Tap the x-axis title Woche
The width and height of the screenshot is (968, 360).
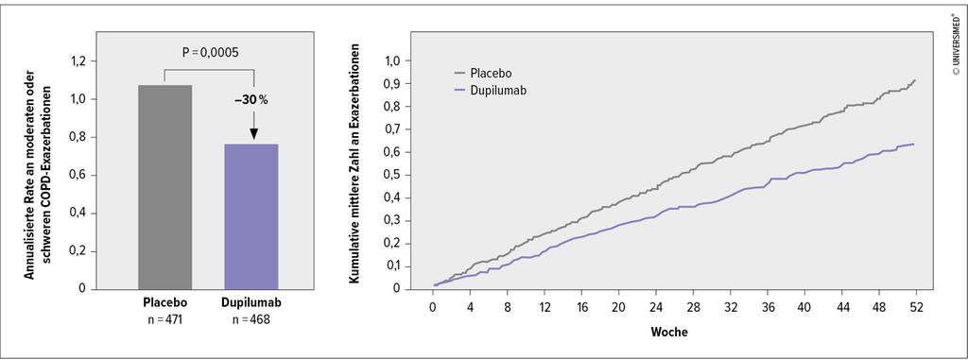668,334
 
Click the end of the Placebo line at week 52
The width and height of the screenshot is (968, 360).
913,80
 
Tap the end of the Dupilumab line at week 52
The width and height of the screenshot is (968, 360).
913,145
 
